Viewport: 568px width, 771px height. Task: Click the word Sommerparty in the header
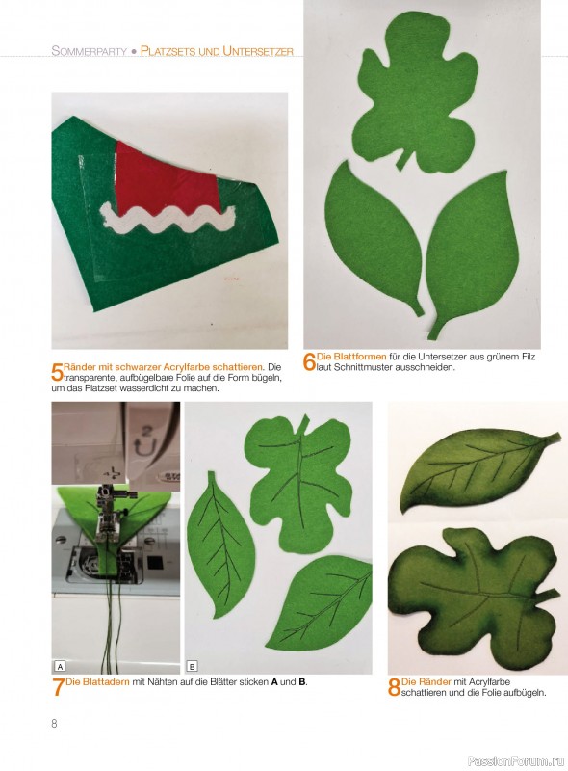click(89, 51)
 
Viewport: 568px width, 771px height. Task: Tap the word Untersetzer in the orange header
click(258, 51)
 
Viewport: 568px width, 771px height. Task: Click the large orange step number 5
click(57, 372)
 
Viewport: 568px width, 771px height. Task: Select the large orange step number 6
click(310, 362)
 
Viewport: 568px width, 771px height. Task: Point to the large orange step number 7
click(58, 687)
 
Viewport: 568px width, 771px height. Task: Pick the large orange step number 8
click(394, 687)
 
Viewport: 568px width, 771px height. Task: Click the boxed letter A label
click(60, 667)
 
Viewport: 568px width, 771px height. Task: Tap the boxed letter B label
click(193, 667)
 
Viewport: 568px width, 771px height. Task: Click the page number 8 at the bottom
click(54, 724)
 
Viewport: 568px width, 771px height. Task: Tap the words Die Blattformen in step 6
click(351, 357)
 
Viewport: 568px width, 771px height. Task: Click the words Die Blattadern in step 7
click(98, 682)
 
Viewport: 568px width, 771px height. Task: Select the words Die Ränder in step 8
click(426, 682)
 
